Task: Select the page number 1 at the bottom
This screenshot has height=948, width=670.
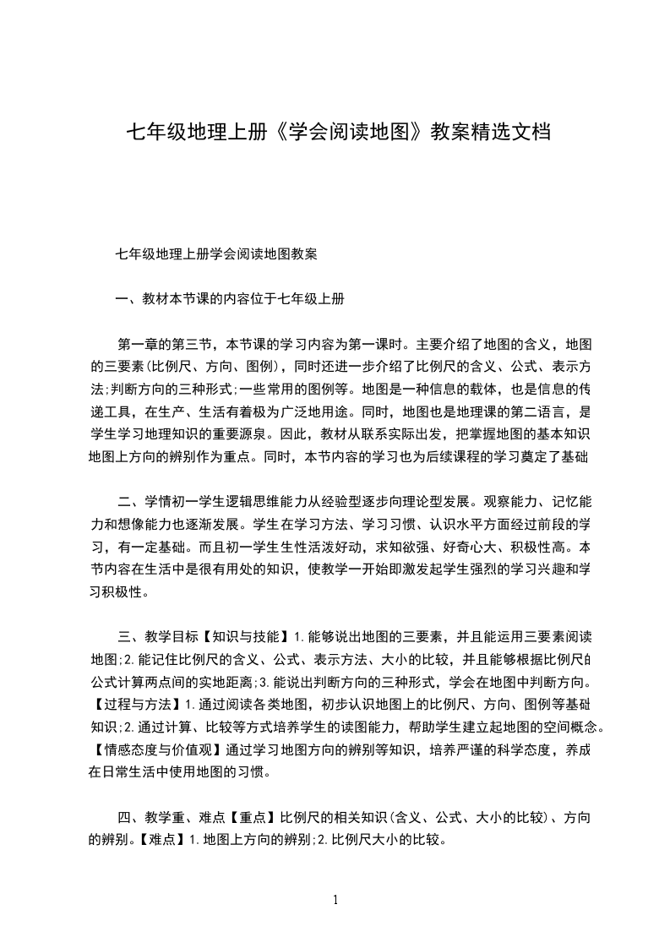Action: (335, 899)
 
